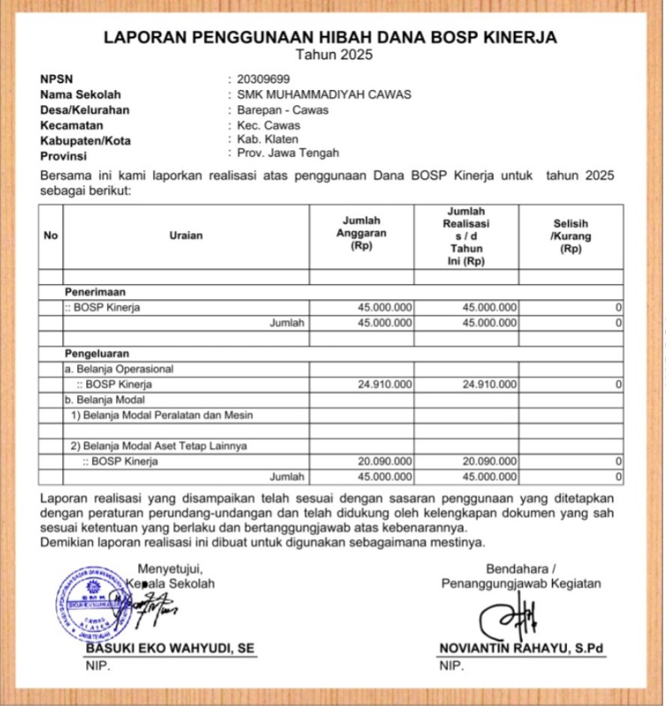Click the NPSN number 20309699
coord(263,79)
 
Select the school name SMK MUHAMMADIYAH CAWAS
coord(324,94)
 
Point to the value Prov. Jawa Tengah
coord(288,153)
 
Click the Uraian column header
coord(186,235)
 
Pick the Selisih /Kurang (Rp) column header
coord(570,235)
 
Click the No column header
coord(51,235)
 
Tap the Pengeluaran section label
coord(97,353)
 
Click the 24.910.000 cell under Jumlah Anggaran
coord(385,384)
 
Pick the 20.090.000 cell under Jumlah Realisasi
coord(490,462)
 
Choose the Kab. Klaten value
coord(267,139)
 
